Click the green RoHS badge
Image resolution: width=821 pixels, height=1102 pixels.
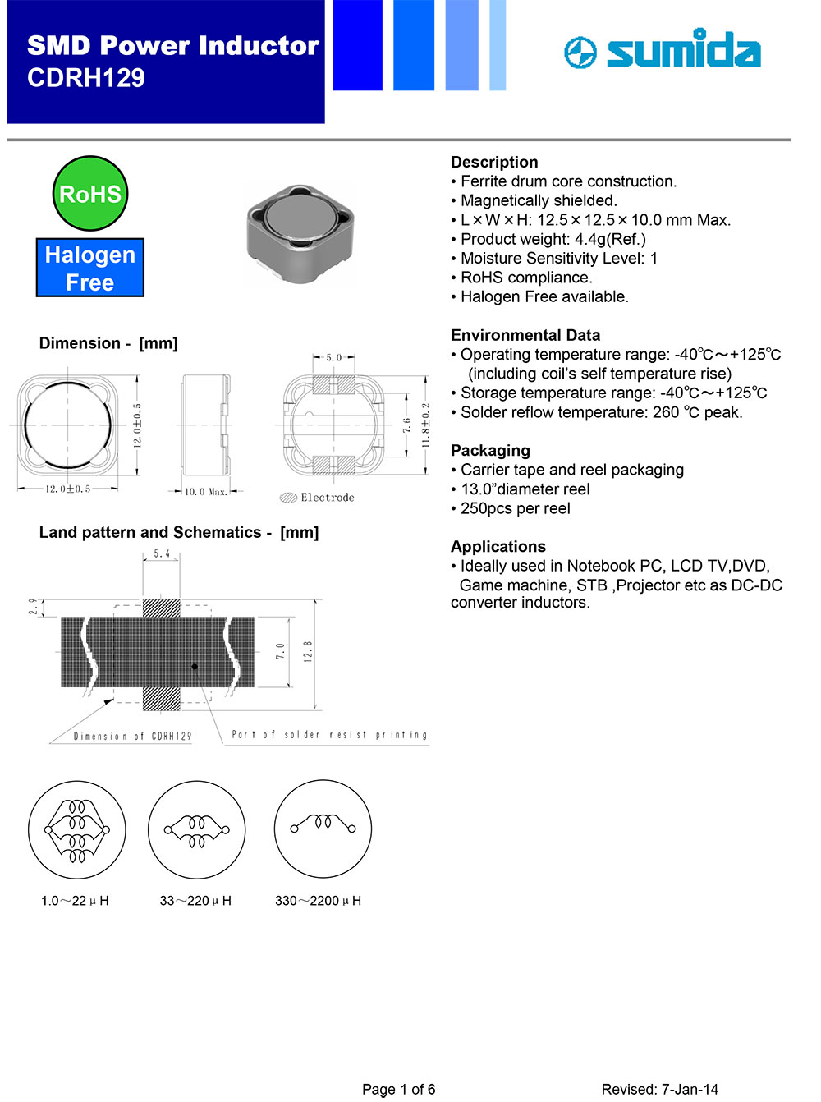tap(90, 194)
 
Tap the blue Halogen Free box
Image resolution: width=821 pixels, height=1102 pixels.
tap(90, 268)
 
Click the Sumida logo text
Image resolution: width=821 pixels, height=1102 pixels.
tap(683, 51)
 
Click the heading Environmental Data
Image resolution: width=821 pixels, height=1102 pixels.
tap(525, 335)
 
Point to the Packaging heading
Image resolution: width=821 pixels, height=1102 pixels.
tap(490, 451)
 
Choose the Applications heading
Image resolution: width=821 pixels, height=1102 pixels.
tap(498, 547)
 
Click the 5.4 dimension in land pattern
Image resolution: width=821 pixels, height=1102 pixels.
tap(162, 554)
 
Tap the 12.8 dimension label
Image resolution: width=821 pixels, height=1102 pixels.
tap(308, 652)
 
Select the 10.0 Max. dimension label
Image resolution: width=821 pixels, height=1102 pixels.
tap(205, 492)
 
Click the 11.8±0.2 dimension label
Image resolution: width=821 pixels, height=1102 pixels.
tap(425, 425)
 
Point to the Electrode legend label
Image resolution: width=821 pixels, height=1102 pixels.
tap(327, 498)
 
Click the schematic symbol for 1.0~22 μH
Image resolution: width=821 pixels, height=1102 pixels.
tap(77, 829)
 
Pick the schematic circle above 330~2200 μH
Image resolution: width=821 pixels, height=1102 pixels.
tap(323, 829)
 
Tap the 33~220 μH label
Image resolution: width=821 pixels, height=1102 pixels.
tap(195, 901)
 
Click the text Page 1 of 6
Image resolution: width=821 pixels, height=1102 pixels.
tap(399, 1090)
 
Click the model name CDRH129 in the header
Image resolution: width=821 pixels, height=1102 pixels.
tap(86, 78)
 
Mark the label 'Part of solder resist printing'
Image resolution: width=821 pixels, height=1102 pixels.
tap(329, 735)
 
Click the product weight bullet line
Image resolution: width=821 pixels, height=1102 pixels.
tap(552, 239)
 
